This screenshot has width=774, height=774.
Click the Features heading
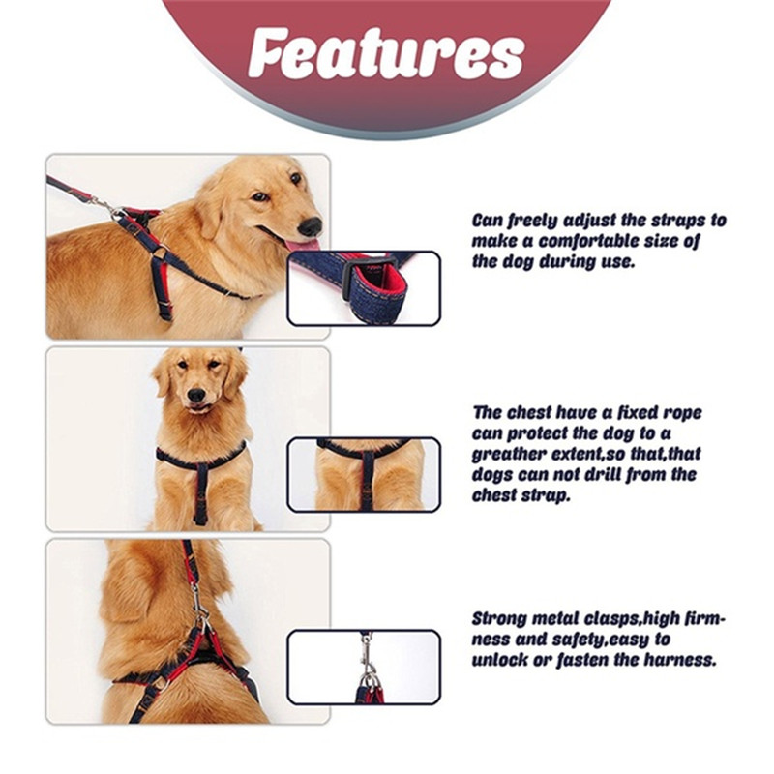[x=386, y=53]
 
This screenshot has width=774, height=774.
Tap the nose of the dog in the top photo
[x=311, y=226]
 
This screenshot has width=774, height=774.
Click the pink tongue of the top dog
[x=301, y=247]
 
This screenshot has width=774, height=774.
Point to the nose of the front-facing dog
[x=196, y=395]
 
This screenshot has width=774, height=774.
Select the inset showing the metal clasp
[x=364, y=667]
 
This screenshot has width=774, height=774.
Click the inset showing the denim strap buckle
[x=364, y=288]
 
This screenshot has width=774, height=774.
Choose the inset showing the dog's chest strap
[x=364, y=475]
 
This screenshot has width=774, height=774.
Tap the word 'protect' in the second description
[x=542, y=433]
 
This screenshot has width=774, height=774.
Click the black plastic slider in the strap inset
[x=351, y=281]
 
